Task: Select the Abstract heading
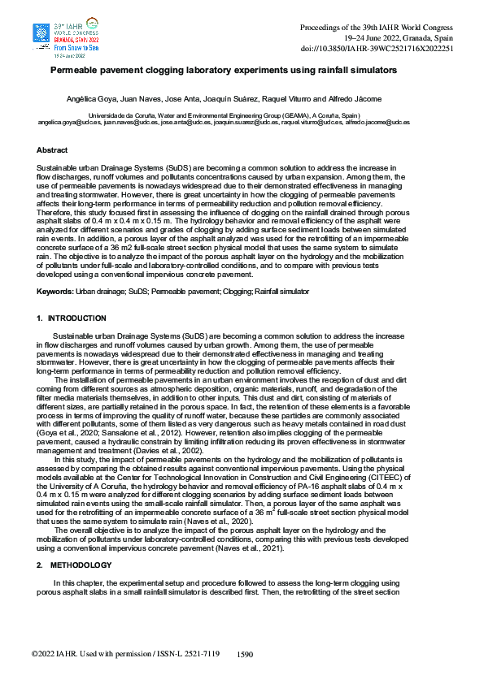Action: (x=52, y=150)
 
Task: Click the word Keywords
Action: (x=55, y=291)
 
